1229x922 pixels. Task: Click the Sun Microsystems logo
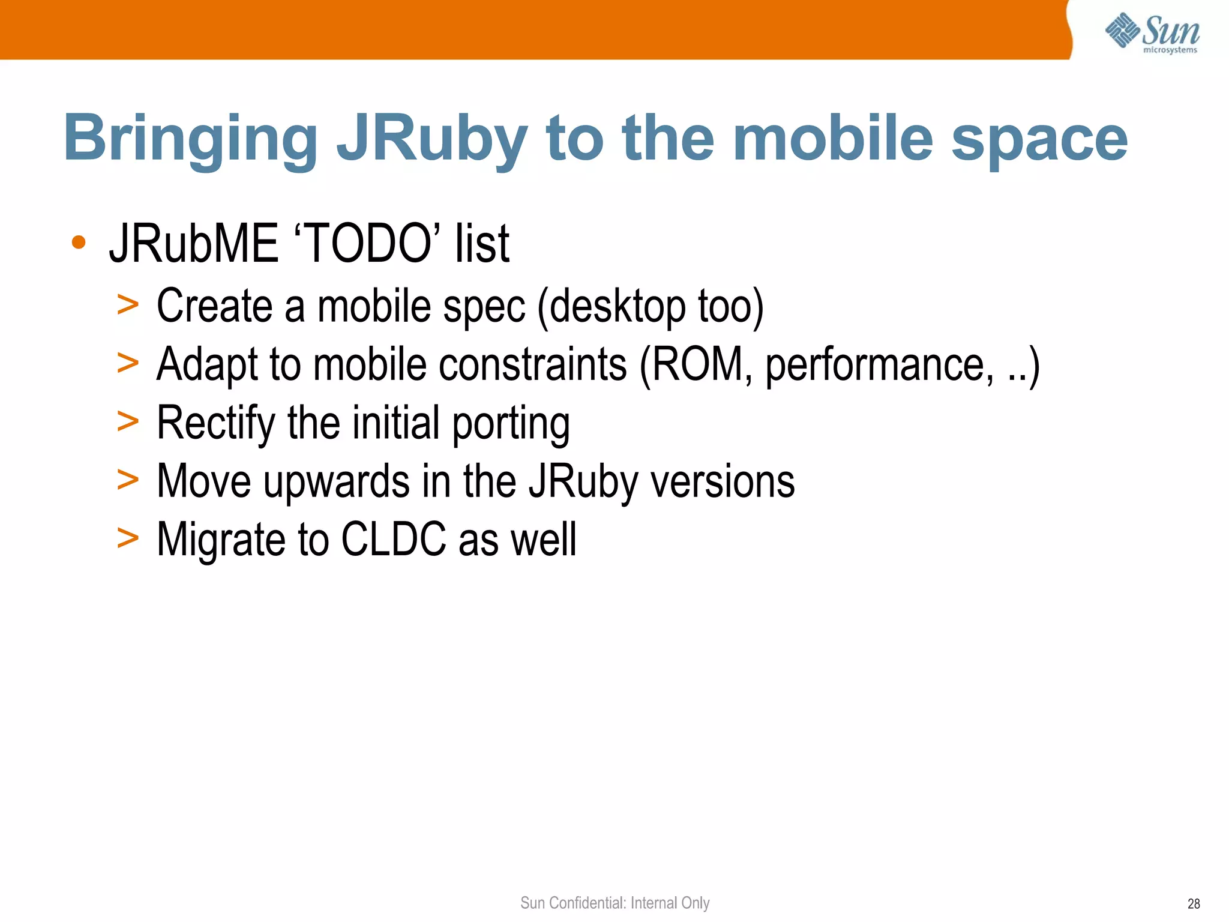pos(1152,32)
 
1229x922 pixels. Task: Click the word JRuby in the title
pos(431,139)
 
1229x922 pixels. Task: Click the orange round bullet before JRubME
pos(79,243)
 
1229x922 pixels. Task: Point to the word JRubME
pos(194,243)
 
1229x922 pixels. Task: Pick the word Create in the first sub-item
pos(214,306)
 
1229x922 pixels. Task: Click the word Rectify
pos(215,424)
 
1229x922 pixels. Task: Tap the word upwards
pos(337,482)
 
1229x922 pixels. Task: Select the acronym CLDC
pos(394,539)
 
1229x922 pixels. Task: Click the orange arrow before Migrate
pos(128,538)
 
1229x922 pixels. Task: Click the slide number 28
pos(1193,904)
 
